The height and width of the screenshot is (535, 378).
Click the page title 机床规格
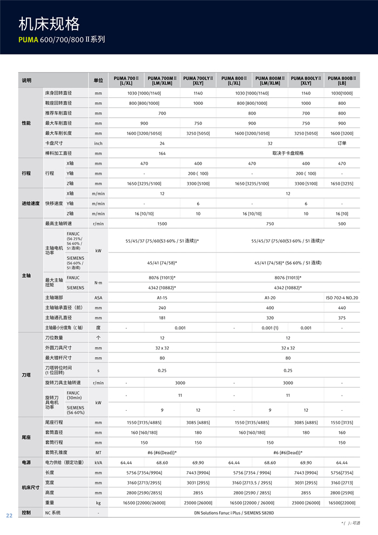tap(49, 24)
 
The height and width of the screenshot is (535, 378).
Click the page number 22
tap(9, 515)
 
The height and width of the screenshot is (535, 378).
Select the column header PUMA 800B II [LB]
tap(342, 81)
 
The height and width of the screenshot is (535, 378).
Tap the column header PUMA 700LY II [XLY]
tap(198, 81)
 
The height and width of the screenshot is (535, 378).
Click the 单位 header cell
tap(98, 81)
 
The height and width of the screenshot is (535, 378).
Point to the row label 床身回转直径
tap(58, 93)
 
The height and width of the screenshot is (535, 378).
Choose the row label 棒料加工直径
tap(58, 153)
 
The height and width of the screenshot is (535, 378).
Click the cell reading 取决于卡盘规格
tap(288, 153)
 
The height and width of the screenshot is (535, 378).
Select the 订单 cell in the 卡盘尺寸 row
tap(342, 143)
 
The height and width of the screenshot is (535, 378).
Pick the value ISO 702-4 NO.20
tap(342, 298)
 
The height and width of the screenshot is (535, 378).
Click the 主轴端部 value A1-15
tap(162, 298)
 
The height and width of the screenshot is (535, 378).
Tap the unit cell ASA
tap(98, 298)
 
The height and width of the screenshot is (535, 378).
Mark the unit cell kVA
tap(98, 463)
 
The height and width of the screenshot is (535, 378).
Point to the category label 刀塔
tap(26, 374)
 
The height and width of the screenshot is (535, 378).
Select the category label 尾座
tap(26, 437)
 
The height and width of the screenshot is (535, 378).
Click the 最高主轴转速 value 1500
tap(162, 224)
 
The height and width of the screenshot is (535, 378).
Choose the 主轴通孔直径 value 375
tap(342, 318)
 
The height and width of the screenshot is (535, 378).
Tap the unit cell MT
tap(98, 452)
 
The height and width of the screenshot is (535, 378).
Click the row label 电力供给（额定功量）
tap(64, 463)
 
